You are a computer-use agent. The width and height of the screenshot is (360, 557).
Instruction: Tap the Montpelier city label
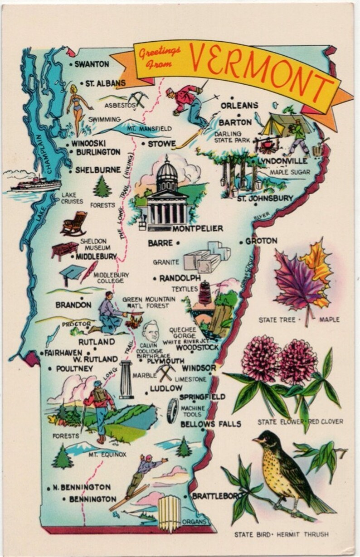(x=198, y=228)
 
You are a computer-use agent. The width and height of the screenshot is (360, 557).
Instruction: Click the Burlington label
(x=98, y=152)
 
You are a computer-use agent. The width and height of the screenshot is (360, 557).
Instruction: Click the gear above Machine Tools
(x=172, y=410)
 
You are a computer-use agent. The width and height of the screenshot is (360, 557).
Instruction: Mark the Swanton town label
(x=92, y=64)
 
